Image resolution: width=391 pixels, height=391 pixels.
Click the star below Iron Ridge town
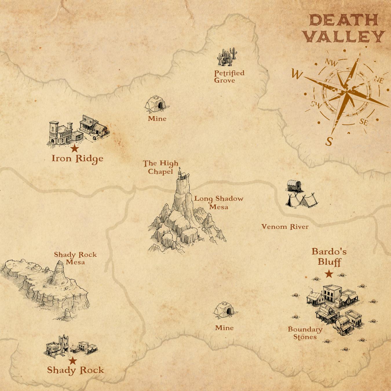74,149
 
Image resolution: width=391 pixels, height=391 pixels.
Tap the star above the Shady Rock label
73,361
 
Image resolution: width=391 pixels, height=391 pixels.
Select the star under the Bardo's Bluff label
329,274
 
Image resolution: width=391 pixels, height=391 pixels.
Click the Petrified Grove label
229,77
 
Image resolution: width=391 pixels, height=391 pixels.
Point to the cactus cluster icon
228,57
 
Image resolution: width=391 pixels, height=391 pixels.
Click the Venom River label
285,226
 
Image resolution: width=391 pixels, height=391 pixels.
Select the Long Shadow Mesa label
219,203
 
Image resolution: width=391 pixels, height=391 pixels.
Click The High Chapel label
161,167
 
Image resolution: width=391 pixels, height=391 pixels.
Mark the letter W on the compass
297,74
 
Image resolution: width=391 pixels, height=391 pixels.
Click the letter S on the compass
329,142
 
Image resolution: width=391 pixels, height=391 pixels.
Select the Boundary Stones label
305,333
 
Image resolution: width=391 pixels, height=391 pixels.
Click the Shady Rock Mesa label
75,258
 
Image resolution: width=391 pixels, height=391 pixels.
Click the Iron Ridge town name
77,159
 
